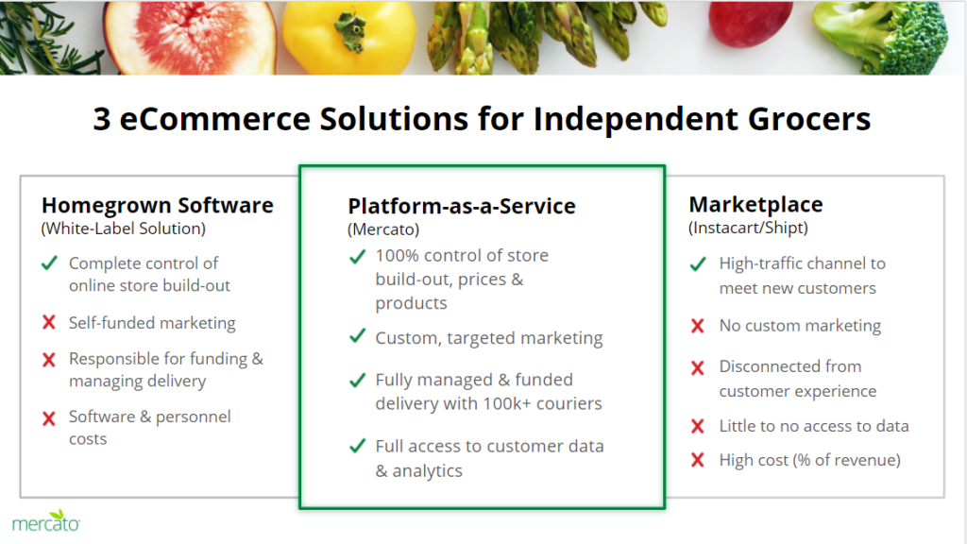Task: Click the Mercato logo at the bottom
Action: [x=45, y=521]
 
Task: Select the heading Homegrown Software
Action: [x=158, y=205]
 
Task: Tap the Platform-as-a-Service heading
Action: [x=461, y=206]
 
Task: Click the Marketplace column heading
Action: [x=755, y=204]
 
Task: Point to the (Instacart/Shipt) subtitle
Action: [x=748, y=228]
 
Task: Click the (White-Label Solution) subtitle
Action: [x=124, y=229]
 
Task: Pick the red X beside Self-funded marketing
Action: [x=49, y=322]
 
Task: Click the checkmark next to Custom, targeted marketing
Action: [x=358, y=336]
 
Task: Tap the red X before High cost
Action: [x=698, y=460]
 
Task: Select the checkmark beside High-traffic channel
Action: [x=698, y=264]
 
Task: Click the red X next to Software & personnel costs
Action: [x=49, y=418]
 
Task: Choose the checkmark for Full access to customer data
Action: [x=358, y=446]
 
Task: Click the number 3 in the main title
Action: [x=102, y=119]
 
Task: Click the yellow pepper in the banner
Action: [x=348, y=37]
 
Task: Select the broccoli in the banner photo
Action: [x=883, y=37]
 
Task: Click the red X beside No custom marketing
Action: [x=698, y=326]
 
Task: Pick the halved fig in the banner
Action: [x=189, y=37]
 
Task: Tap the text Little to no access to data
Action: [x=814, y=426]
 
